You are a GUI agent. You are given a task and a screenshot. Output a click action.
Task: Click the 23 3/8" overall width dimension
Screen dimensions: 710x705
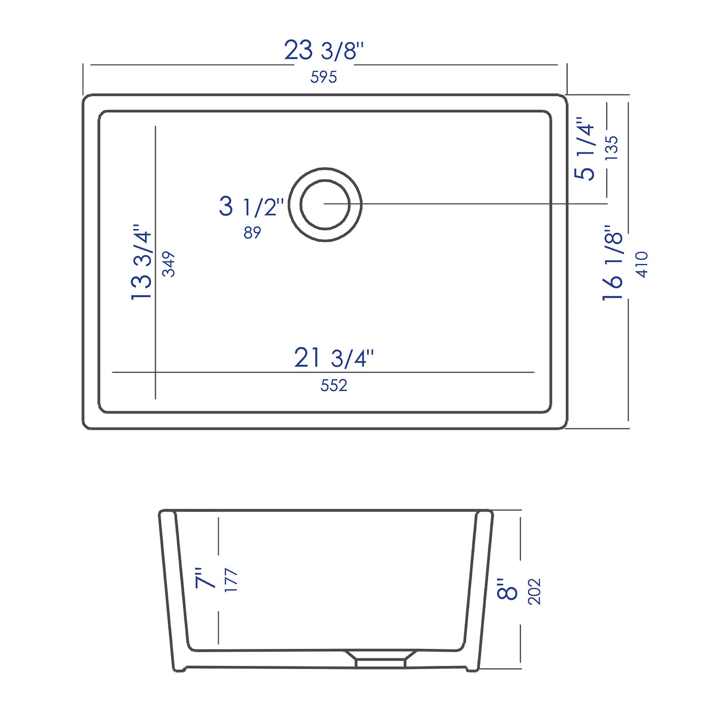324,50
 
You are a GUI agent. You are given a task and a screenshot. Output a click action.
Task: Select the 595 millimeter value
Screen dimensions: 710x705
323,77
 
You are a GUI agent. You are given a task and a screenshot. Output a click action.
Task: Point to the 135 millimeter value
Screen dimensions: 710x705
611,148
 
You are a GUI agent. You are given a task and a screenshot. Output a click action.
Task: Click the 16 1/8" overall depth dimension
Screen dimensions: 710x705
612,263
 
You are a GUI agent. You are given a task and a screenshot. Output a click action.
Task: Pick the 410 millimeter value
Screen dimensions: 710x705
642,264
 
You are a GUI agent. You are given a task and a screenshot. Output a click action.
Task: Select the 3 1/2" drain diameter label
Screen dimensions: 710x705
251,207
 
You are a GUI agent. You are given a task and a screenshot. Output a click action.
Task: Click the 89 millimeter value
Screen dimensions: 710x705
252,232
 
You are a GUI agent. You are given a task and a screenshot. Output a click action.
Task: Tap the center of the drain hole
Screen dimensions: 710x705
325,205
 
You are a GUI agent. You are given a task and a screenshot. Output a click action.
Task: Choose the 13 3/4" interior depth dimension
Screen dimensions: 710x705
141,262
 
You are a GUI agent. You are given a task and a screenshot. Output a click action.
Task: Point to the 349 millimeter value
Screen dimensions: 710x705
168,264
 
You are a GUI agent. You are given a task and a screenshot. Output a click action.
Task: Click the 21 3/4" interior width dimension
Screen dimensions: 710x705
334,358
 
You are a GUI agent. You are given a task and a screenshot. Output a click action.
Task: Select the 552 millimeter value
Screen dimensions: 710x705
334,386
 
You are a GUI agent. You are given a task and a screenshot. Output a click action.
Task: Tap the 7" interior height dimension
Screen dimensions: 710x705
205,578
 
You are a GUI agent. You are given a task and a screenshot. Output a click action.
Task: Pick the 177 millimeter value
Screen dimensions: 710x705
231,580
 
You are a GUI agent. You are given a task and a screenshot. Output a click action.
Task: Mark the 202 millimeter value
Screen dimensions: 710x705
534,591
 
